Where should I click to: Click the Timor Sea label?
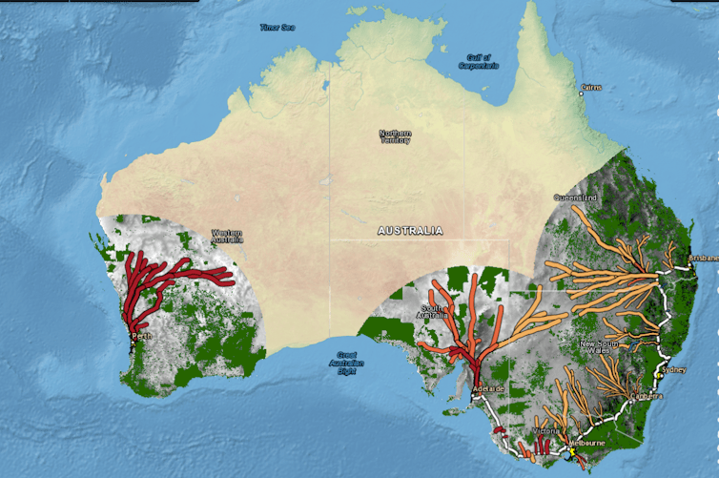click(x=277, y=28)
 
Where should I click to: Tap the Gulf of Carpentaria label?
click(x=478, y=62)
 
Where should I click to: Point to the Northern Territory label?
click(x=395, y=136)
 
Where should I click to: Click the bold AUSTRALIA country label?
click(x=410, y=231)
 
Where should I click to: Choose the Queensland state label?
click(x=575, y=197)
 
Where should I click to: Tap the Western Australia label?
click(x=227, y=236)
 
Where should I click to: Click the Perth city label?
click(x=141, y=336)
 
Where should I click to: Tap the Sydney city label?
click(x=672, y=368)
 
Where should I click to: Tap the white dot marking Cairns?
click(x=583, y=89)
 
